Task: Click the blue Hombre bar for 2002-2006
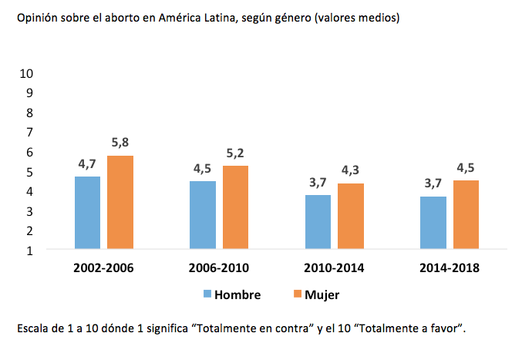[87, 213]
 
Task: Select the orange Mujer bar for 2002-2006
[120, 203]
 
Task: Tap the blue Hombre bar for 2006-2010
[203, 215]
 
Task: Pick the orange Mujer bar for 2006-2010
[235, 207]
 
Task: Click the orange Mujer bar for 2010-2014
[350, 217]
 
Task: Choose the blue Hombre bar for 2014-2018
[433, 223]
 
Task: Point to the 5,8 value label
[120, 143]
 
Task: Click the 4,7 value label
[88, 163]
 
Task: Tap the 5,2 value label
[235, 153]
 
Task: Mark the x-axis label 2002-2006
[104, 268]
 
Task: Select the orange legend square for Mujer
[298, 294]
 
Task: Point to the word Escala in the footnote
[32, 328]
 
